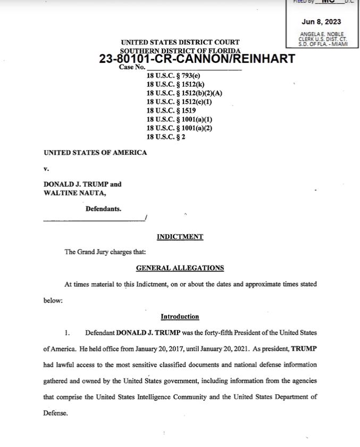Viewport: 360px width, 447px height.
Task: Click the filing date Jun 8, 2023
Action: pos(321,22)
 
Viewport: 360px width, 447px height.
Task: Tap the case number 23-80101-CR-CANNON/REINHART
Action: pos(197,59)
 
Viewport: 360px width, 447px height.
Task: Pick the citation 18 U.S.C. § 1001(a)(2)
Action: pos(179,128)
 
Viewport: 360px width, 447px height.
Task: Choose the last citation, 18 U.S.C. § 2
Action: pos(165,137)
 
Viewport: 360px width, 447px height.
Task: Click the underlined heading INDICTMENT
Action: pos(180,237)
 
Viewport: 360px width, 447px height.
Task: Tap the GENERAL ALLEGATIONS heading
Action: pos(180,268)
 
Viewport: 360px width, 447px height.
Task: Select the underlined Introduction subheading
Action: pos(180,317)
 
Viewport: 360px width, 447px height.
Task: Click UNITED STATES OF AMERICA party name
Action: pos(95,153)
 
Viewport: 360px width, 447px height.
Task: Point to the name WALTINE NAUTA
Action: pos(71,193)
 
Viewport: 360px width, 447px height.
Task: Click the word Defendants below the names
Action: pos(103,209)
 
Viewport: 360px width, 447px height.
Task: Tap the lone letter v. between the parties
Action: pos(46,169)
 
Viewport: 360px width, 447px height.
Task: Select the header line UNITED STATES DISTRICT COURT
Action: pos(180,42)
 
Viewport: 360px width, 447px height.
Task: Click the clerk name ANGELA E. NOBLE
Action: pos(321,34)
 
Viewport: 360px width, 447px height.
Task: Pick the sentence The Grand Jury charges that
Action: pos(105,252)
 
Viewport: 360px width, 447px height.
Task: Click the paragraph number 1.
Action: pos(67,333)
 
